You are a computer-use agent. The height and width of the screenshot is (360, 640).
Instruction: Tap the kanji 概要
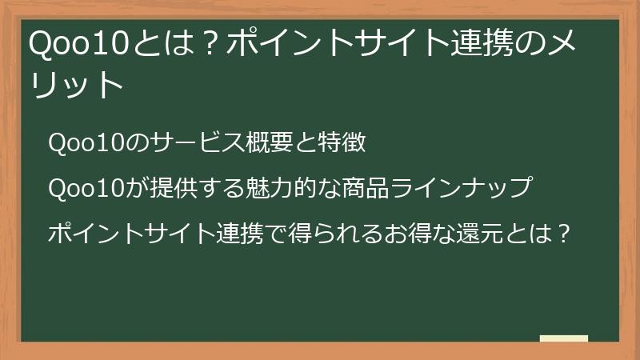(x=260, y=143)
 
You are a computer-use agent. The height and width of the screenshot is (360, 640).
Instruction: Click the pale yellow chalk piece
(x=564, y=338)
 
